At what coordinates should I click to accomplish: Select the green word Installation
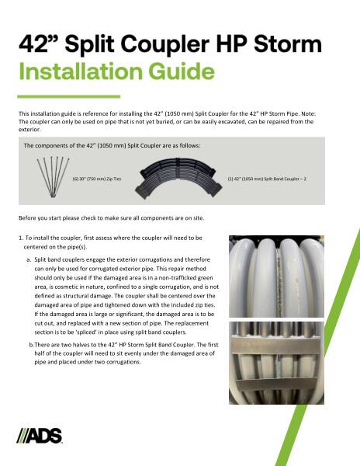click(x=85, y=72)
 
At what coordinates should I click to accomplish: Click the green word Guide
click(x=185, y=72)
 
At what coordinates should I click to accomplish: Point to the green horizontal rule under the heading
click(x=68, y=96)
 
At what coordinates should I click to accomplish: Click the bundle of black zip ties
click(x=47, y=178)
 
